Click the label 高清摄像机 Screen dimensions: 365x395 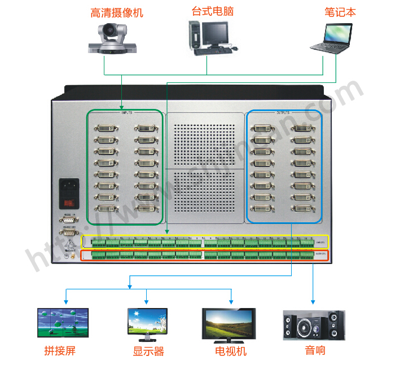[117, 12]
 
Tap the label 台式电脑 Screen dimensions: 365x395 [213, 11]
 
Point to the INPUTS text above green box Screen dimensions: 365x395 [126, 112]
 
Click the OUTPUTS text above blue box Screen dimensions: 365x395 [282, 112]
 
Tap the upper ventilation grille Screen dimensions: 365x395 [206, 143]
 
